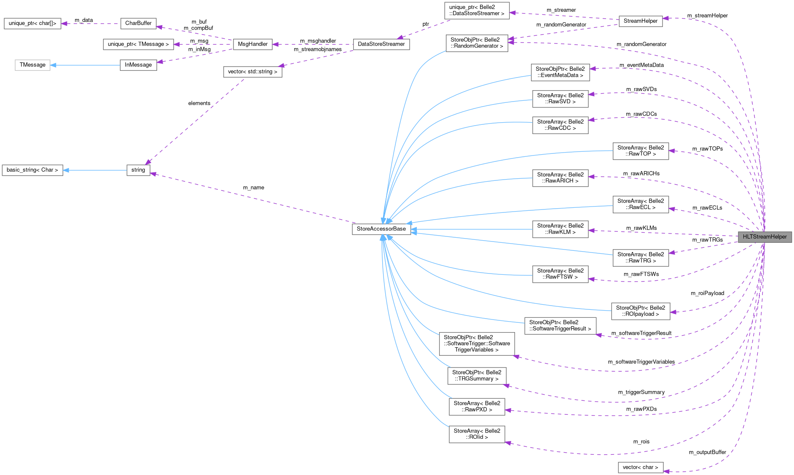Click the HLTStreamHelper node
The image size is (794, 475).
pyautogui.click(x=764, y=237)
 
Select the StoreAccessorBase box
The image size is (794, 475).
pyautogui.click(x=381, y=229)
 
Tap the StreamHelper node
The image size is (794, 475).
pyautogui.click(x=640, y=21)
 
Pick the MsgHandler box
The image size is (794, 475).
pyautogui.click(x=252, y=44)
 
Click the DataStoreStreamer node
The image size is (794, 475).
pyautogui.click(x=381, y=44)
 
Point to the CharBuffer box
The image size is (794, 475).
pyautogui.click(x=138, y=23)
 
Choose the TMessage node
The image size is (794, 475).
pyautogui.click(x=32, y=65)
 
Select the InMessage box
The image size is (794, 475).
pyautogui.click(x=138, y=65)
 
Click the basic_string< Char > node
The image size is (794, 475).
pyautogui.click(x=32, y=170)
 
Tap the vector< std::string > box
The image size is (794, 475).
pyautogui.click(x=252, y=72)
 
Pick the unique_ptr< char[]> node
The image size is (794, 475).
pyautogui.click(x=32, y=23)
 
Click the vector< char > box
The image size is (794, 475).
pyautogui.click(x=640, y=467)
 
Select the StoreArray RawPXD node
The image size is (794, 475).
pyautogui.click(x=477, y=406)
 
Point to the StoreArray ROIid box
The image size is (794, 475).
pyautogui.click(x=477, y=434)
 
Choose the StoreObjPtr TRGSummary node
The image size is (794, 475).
pyautogui.click(x=477, y=376)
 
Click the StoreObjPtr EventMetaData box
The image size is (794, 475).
pyautogui.click(x=560, y=72)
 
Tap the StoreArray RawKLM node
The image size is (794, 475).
pyautogui.click(x=560, y=229)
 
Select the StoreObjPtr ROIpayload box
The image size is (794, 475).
pyautogui.click(x=640, y=311)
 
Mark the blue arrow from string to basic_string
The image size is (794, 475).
pyautogui.click(x=95, y=170)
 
